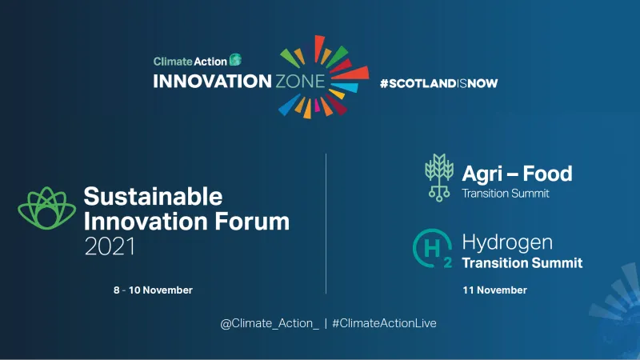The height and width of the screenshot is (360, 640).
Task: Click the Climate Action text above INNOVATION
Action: coord(190,60)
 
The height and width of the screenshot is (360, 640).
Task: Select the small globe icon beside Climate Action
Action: coord(235,59)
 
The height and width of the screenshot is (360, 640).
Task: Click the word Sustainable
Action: coord(153,196)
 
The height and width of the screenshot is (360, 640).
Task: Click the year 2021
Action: coord(110,246)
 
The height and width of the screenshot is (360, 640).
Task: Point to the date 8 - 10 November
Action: coord(153,290)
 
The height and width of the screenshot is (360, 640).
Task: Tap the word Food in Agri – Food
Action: coord(546,173)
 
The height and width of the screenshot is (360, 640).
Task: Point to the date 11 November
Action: coord(494,290)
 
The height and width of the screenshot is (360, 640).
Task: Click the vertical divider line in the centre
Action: coord(326,224)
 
